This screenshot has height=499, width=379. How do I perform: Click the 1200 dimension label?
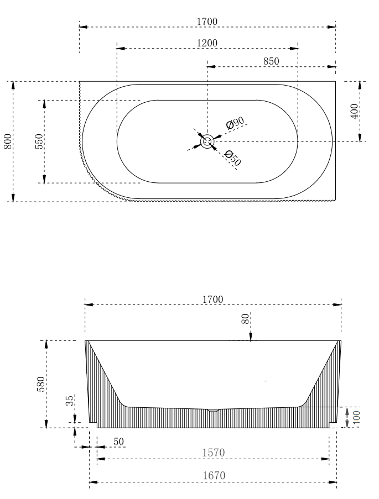point(207,43)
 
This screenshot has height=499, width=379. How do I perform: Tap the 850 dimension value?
point(271,61)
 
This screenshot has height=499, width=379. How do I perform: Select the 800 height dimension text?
point(8,141)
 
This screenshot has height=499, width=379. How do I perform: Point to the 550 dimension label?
point(38,141)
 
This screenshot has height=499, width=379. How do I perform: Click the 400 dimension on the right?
point(354,111)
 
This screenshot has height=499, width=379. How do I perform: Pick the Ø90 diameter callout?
point(235,123)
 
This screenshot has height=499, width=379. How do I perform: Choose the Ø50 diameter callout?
point(233,158)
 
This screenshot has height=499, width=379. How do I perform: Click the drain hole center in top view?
point(207,141)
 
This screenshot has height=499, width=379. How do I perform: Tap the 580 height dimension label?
point(41,384)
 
